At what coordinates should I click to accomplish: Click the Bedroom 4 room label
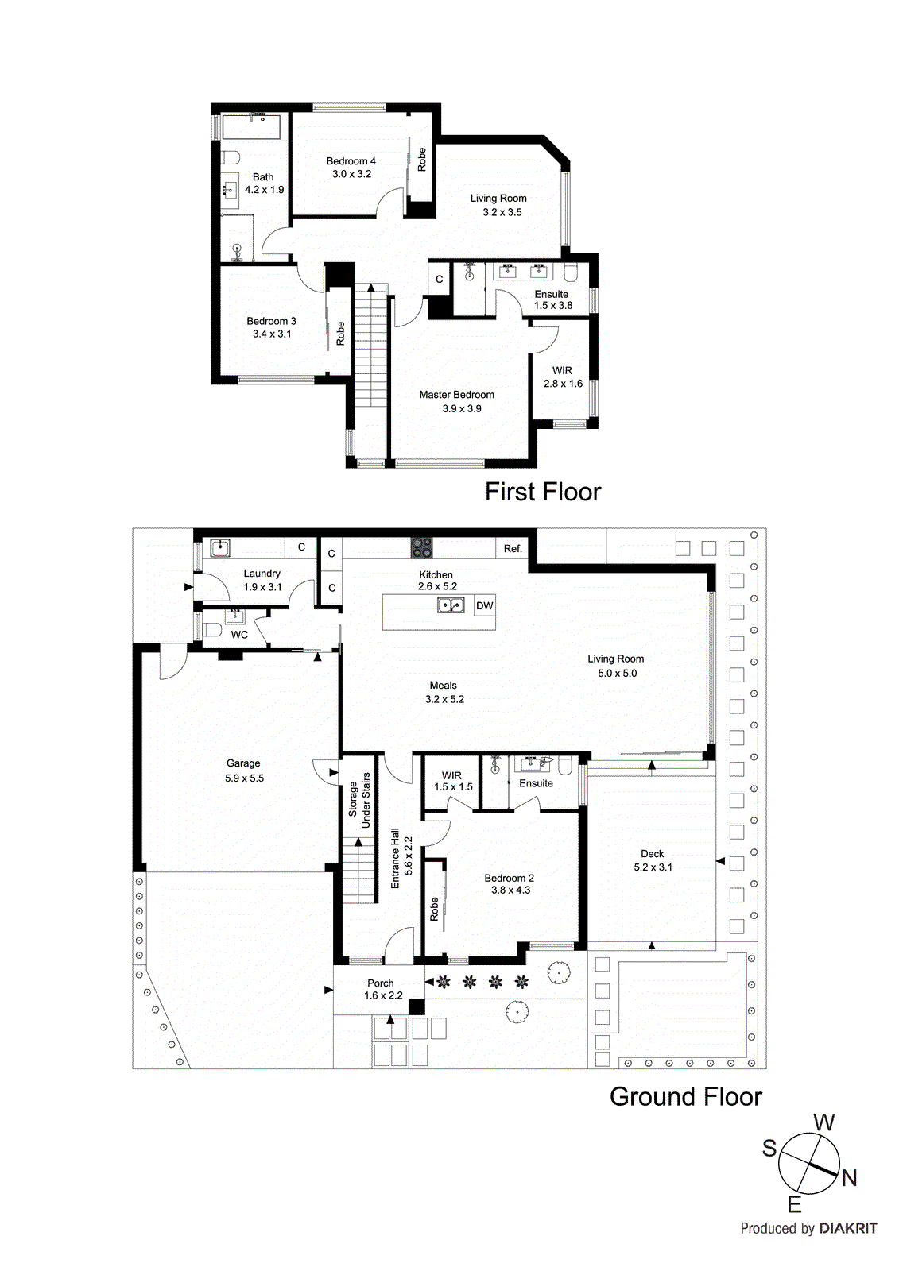351,168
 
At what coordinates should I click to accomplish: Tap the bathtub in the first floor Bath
250,126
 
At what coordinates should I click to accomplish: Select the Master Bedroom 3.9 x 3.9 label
457,401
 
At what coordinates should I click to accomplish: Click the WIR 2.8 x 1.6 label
563,377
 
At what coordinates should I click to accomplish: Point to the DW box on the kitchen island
484,605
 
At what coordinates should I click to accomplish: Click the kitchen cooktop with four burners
421,547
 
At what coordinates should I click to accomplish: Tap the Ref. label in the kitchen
513,548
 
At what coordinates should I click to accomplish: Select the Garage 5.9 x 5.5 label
243,771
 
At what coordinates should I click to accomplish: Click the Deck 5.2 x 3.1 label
653,860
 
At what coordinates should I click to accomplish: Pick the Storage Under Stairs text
359,800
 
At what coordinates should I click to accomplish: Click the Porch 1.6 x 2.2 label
382,989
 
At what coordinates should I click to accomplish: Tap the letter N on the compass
849,1178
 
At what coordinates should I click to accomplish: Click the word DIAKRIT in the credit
848,1228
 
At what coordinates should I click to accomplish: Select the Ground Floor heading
685,1096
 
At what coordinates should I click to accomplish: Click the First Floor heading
543,492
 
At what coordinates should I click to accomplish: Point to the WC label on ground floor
239,635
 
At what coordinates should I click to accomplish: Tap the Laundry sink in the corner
220,547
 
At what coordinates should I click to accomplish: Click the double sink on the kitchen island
451,605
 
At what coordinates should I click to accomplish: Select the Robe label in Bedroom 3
340,333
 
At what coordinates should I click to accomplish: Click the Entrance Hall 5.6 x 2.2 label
401,858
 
